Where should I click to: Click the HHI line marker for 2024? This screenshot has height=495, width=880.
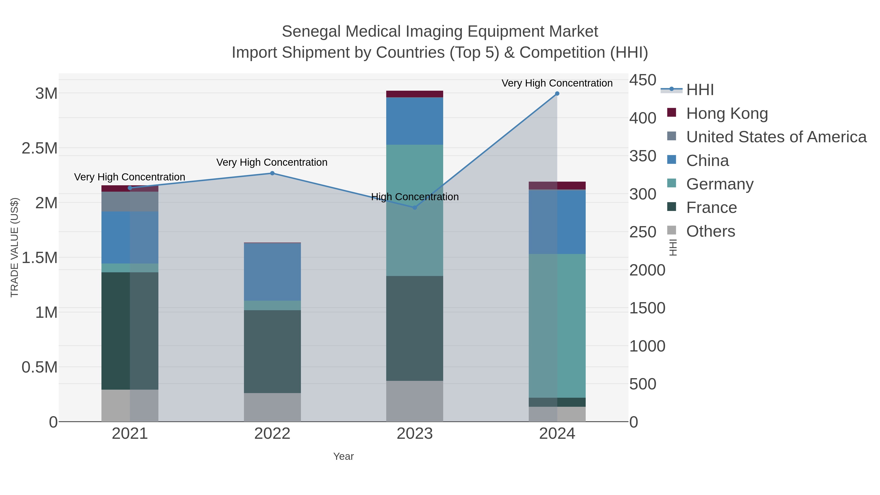557,94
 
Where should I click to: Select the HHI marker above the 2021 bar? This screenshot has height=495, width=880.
130,188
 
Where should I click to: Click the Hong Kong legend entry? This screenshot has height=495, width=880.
727,113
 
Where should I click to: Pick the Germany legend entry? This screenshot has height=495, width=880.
719,184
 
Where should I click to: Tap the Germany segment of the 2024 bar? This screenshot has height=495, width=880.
557,326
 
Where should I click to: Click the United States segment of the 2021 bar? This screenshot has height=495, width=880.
130,202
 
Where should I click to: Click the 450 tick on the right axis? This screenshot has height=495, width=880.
643,80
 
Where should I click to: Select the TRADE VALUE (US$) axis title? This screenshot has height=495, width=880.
14,247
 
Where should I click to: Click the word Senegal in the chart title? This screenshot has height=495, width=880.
311,32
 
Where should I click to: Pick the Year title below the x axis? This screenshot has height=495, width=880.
343,456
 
